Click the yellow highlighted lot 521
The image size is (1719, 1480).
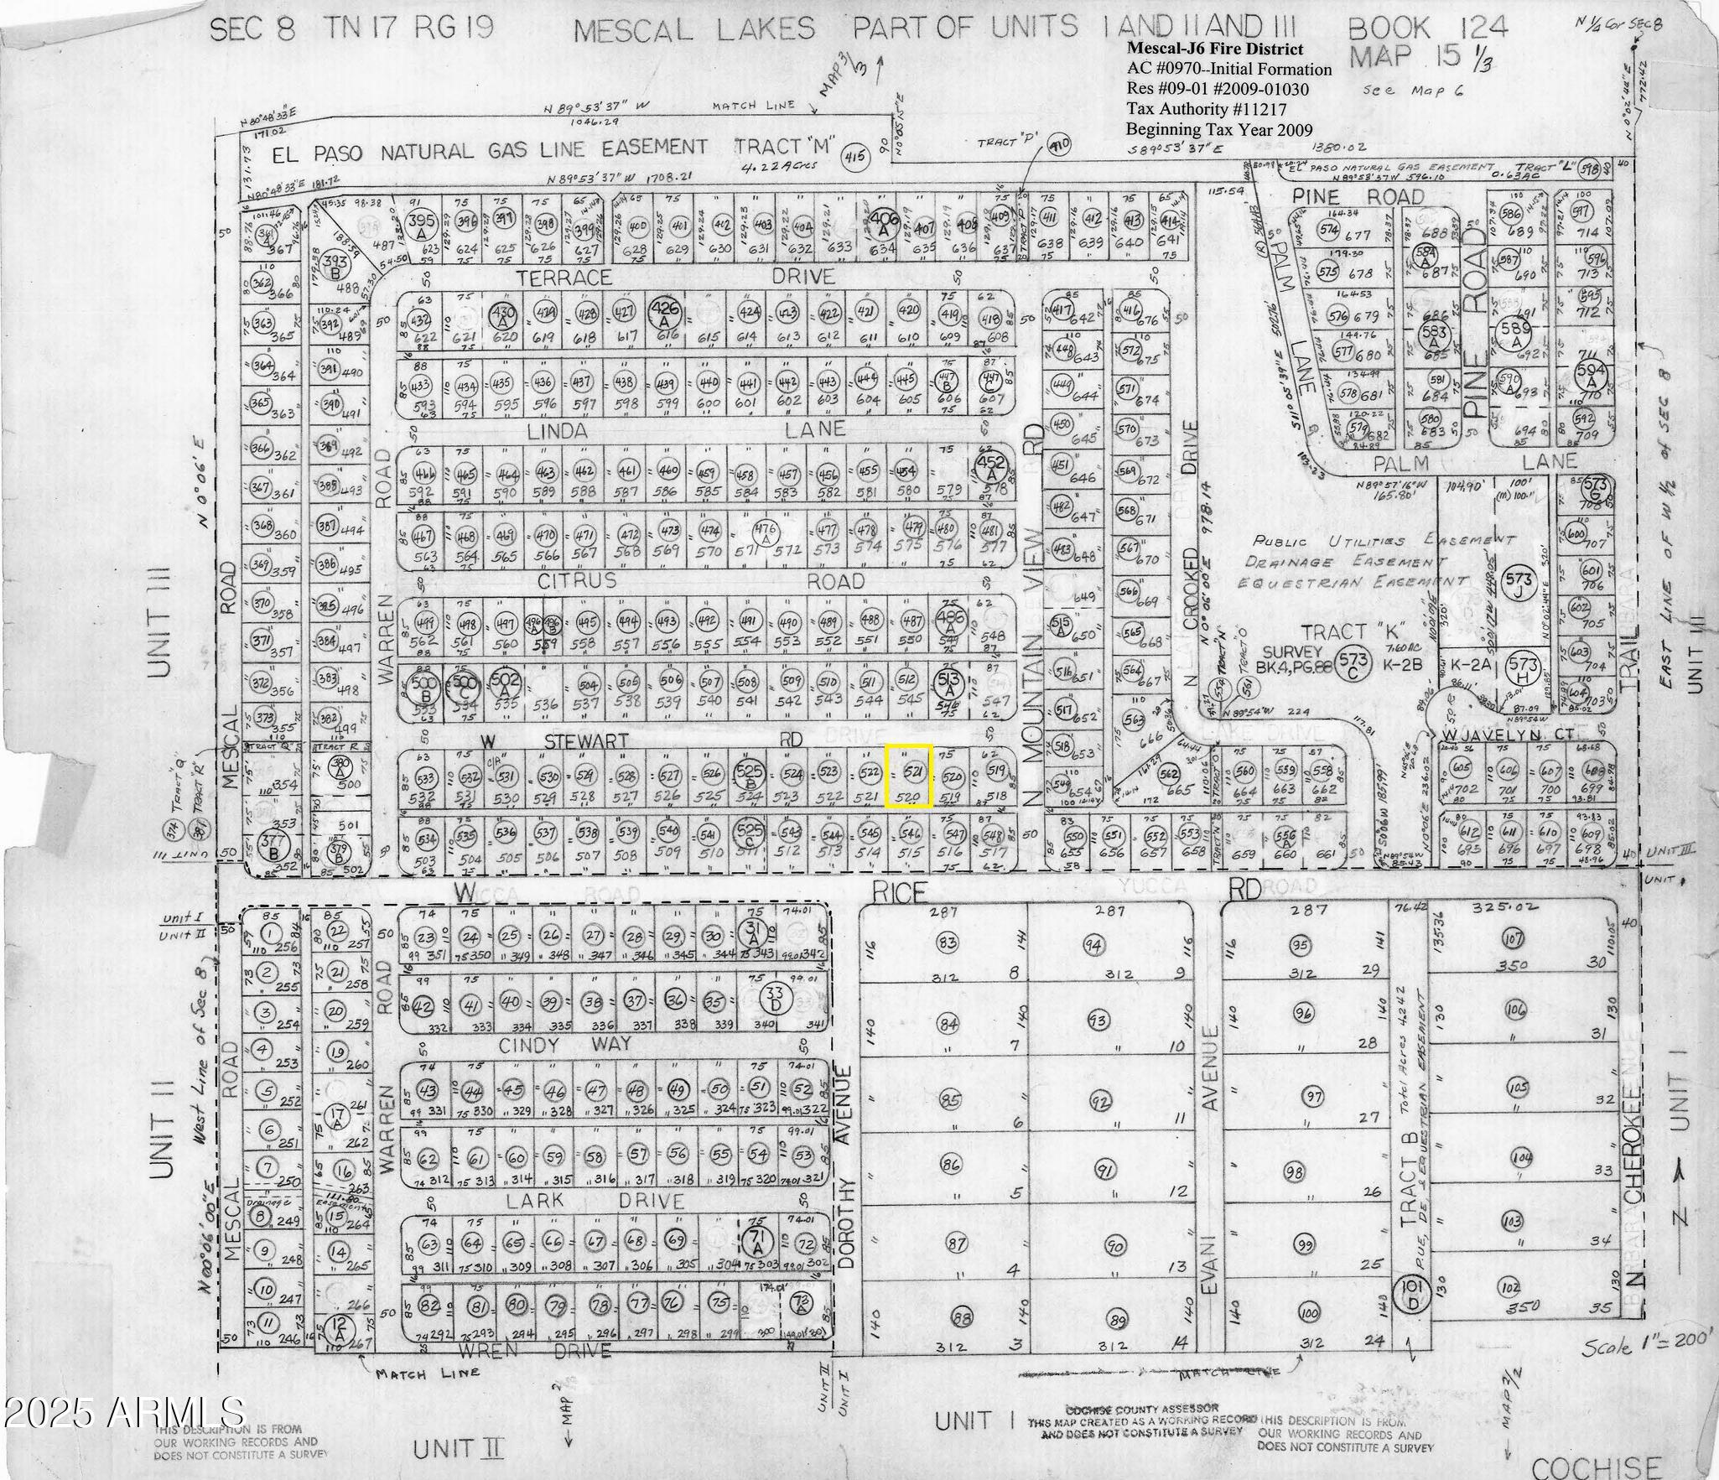pos(909,776)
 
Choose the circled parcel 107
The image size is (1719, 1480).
pos(1514,937)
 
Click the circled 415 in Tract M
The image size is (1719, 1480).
pos(854,156)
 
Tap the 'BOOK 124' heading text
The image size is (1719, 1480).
pos(1427,29)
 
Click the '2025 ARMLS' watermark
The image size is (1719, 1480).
pos(123,1411)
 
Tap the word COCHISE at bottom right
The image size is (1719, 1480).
pos(1596,1464)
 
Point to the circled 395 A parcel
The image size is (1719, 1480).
pos(418,224)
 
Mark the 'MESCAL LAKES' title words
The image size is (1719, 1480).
pos(693,30)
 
